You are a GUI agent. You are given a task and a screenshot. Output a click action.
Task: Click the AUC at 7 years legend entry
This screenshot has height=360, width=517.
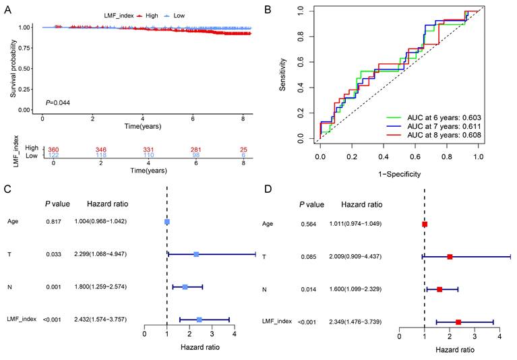tap(435, 126)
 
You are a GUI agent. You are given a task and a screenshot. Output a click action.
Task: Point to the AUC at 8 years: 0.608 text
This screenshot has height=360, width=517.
tap(435, 136)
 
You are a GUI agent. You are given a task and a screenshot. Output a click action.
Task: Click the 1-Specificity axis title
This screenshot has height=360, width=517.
tap(399, 174)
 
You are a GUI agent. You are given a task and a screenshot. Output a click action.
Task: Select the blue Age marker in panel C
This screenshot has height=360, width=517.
tap(167, 221)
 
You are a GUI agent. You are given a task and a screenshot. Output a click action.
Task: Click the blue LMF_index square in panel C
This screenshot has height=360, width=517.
tap(199, 320)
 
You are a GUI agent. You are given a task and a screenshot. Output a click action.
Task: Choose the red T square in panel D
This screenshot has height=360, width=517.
tap(450, 257)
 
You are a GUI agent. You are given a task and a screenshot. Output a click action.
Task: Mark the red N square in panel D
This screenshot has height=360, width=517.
tap(439, 289)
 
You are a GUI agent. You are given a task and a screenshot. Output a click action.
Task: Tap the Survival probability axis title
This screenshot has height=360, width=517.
tap(13, 67)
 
